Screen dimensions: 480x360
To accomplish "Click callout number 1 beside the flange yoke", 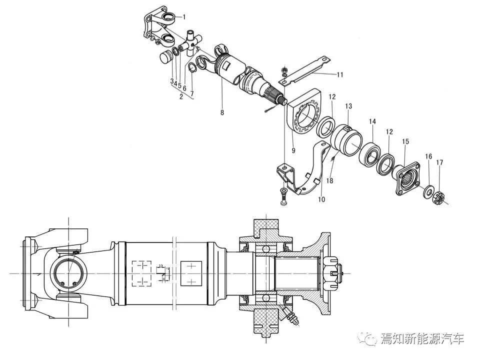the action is pyautogui.click(x=184, y=17).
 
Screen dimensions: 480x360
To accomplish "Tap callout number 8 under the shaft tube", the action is pyautogui.click(x=222, y=112).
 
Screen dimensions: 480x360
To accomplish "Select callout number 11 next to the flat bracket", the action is pyautogui.click(x=340, y=74).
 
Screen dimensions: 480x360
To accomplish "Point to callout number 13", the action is pyautogui.click(x=348, y=106).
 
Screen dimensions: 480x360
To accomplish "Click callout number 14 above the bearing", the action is pyautogui.click(x=372, y=121).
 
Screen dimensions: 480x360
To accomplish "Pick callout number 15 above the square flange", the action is pyautogui.click(x=405, y=141).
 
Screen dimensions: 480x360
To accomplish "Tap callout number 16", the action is pyautogui.click(x=428, y=156).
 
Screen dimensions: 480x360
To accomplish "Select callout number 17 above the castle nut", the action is pyautogui.click(x=439, y=162).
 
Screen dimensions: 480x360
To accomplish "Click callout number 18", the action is pyautogui.click(x=329, y=180).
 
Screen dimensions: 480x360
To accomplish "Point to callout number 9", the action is pyautogui.click(x=293, y=150).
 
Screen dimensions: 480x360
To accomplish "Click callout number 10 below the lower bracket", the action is pyautogui.click(x=321, y=199).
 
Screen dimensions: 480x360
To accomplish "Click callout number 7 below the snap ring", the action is pyautogui.click(x=192, y=93).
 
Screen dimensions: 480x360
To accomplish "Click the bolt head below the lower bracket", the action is pyautogui.click(x=283, y=197).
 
